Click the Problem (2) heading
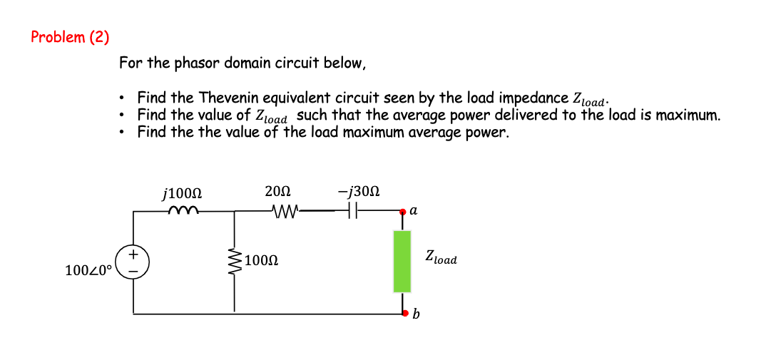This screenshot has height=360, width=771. tap(70, 37)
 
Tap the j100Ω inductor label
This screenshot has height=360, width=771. tap(182, 193)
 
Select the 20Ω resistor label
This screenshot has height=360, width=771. tap(277, 192)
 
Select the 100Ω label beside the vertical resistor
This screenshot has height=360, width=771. tap(260, 259)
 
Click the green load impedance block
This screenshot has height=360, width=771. tap(402, 261)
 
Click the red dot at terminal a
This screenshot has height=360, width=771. tap(402, 212)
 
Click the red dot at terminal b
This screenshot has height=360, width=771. tap(402, 312)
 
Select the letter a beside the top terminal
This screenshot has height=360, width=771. tap(414, 211)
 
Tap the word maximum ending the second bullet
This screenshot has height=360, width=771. tap(685, 115)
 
